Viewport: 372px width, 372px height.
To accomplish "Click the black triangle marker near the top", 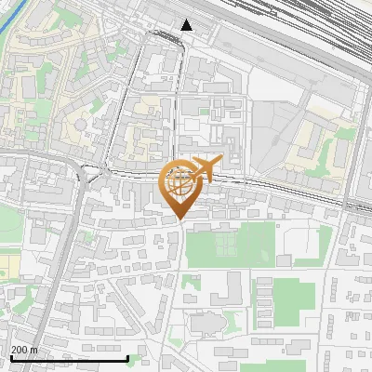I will click(x=187, y=25).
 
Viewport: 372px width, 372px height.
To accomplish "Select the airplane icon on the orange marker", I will click(x=207, y=167).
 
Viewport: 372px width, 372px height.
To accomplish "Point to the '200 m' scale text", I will click(x=24, y=350).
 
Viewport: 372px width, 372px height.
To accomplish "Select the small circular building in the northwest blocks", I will click(x=81, y=122).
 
